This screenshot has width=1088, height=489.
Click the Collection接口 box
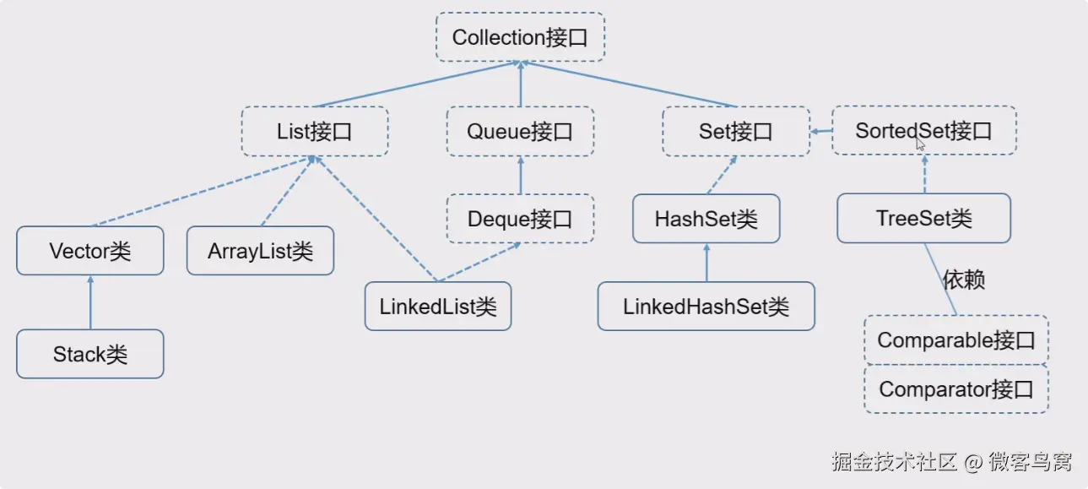520,37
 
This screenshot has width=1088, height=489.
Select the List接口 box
315,131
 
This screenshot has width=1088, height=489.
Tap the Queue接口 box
520,131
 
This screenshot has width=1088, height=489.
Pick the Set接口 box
736,131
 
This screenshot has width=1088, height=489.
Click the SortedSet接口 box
923,130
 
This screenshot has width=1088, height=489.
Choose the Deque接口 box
520,219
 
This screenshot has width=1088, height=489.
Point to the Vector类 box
89,251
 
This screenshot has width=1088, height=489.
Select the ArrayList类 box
260,251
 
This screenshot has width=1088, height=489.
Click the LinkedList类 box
438,307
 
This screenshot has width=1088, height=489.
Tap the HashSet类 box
706,219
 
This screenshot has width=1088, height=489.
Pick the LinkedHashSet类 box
706,307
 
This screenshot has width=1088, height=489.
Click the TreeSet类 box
923,218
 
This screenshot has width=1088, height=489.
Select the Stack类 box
89,354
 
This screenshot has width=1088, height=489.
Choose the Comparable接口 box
956,340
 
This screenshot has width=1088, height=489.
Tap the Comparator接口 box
956,388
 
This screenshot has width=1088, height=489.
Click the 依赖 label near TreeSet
964,280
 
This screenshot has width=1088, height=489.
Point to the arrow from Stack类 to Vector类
90,302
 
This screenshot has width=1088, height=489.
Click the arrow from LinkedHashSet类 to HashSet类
706,263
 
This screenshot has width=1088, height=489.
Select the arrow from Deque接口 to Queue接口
521,175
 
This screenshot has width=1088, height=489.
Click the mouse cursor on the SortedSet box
920,145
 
